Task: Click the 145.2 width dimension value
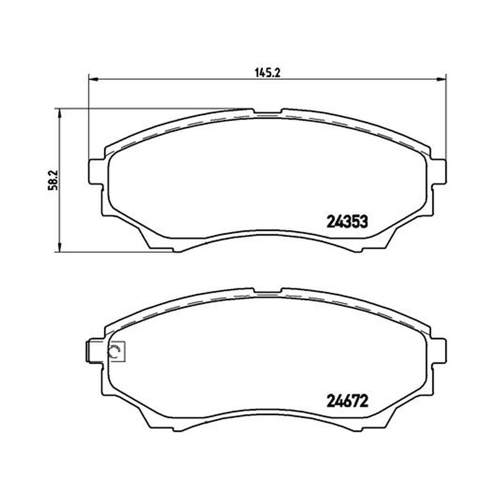click(x=267, y=73)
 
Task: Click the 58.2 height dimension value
click(x=52, y=180)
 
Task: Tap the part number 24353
click(x=347, y=222)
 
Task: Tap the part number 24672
click(x=347, y=401)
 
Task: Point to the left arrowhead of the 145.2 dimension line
click(x=93, y=79)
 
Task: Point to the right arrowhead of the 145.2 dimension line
click(x=441, y=79)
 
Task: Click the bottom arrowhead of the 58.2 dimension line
click(x=59, y=246)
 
